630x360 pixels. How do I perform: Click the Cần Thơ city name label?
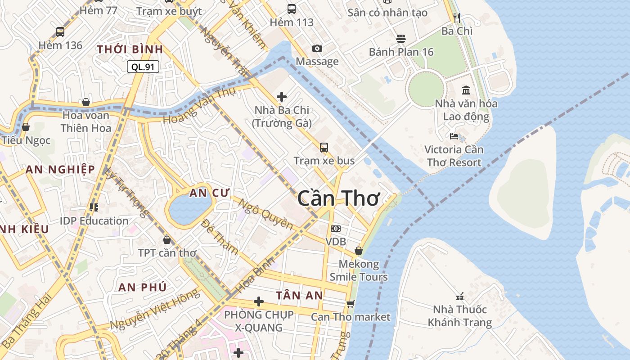(339, 198)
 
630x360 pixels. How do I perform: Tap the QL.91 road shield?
(143, 67)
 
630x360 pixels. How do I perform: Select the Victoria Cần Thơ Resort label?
(454, 156)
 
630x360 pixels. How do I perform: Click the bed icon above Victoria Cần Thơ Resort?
(454, 136)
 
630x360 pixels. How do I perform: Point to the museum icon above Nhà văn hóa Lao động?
(466, 90)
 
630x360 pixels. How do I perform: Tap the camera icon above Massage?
(317, 49)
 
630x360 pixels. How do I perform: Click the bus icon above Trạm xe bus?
(324, 147)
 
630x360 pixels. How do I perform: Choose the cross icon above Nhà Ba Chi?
(282, 96)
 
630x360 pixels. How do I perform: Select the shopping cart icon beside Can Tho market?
(351, 304)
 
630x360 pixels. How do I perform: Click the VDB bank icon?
(336, 229)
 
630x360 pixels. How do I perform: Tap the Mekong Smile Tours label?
(359, 270)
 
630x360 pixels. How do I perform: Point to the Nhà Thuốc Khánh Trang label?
(459, 316)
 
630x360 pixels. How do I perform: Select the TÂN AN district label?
(299, 295)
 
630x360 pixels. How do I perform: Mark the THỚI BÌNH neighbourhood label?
(130, 49)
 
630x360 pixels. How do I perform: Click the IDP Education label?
(94, 220)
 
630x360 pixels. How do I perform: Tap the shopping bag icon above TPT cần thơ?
(167, 240)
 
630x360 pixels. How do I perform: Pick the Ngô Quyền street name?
(265, 213)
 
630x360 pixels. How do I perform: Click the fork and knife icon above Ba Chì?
(457, 18)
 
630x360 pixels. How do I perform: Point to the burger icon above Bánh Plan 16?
(400, 39)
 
